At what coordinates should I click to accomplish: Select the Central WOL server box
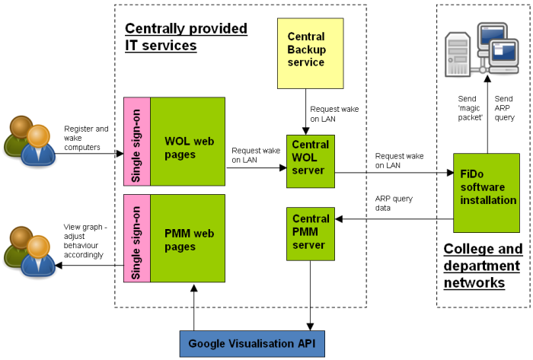point(311,161)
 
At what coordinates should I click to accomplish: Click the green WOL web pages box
point(188,142)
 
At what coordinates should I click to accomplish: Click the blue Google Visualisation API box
point(251,342)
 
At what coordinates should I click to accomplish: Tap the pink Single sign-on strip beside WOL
point(137,142)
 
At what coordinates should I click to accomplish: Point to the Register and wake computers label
point(86,138)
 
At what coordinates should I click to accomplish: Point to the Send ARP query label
point(504,108)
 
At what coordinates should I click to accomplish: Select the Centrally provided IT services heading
point(186,37)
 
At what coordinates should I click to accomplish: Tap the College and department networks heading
point(483,266)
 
